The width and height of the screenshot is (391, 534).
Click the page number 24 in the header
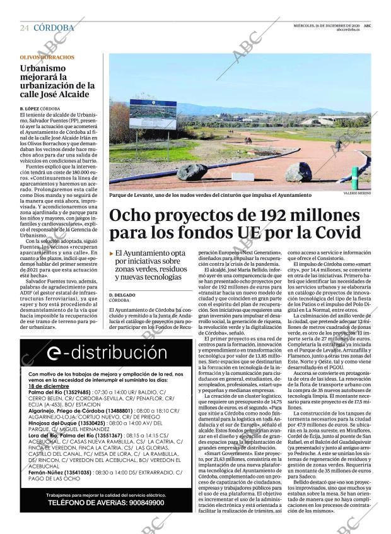coord(25,28)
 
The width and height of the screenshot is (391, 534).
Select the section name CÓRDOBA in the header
coord(54,28)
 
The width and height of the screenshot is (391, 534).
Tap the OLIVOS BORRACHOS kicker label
coord(47,57)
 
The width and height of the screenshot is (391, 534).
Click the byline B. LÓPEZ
coord(33,109)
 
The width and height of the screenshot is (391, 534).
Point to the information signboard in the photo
coord(153,114)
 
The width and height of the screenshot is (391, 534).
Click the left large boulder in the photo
coord(192,172)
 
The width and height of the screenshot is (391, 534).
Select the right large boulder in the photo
coord(298,171)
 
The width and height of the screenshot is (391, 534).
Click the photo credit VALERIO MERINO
coord(357,194)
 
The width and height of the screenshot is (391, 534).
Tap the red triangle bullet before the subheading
coord(112,253)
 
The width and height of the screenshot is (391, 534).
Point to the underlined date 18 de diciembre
coord(49,386)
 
